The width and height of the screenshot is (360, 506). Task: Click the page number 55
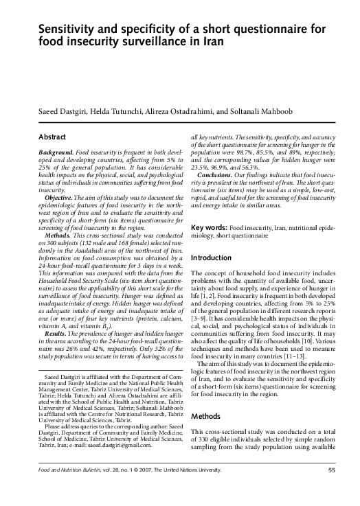pyautogui.click(x=331, y=489)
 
